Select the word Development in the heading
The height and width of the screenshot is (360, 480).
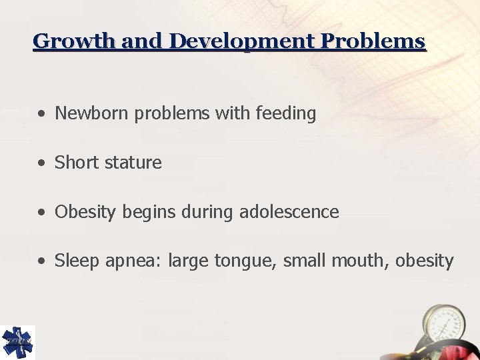[243, 41]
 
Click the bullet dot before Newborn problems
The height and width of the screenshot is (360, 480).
[42, 115]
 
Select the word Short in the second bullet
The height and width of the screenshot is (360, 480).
[75, 163]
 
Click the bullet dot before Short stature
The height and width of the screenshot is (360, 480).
[42, 163]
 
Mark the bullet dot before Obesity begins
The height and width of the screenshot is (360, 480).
[42, 213]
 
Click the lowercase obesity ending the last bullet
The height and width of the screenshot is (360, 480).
[425, 261]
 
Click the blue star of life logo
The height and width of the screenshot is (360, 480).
[18, 342]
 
